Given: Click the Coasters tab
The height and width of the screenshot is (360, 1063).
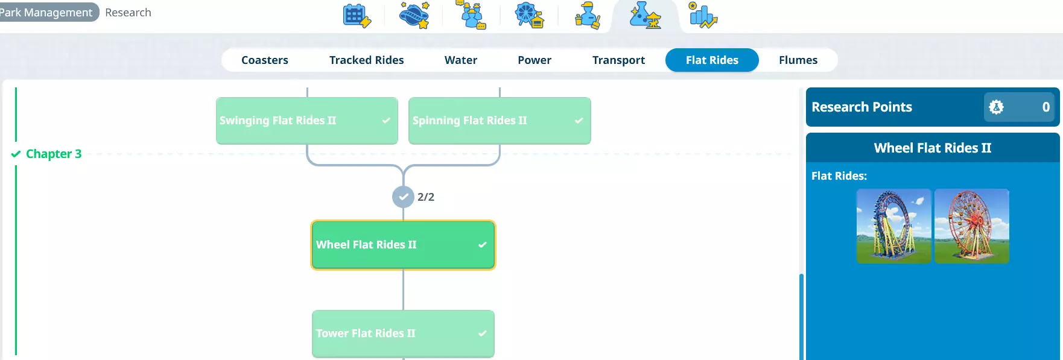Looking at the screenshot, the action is (264, 60).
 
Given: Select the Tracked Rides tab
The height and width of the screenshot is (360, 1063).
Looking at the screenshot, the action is (366, 60).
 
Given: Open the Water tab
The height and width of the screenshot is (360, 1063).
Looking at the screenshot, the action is (460, 60).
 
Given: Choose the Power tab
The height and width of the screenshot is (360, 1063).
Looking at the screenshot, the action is (534, 60).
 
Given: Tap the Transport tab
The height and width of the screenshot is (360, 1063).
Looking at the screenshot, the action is (618, 60).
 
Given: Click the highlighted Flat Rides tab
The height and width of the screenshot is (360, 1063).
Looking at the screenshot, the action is (712, 60).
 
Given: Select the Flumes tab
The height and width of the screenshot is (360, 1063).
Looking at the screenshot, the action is (798, 60).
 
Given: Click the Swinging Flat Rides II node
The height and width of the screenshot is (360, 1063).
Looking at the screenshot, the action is (307, 121).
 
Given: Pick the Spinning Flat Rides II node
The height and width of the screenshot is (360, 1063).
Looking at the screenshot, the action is (500, 121).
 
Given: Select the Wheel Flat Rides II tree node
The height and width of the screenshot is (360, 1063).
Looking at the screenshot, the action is (403, 245).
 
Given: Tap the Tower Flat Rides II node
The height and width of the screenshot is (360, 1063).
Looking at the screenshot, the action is (403, 333).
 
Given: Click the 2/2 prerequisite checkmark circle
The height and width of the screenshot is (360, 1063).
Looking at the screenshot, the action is (403, 197).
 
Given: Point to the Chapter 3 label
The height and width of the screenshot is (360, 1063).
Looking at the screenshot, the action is (53, 154).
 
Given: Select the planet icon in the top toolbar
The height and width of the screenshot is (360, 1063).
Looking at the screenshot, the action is (414, 14).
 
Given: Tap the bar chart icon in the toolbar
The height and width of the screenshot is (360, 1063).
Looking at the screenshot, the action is (703, 15).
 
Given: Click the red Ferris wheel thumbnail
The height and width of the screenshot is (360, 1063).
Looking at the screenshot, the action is (972, 226).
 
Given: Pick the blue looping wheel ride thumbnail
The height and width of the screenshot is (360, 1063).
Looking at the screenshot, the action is (894, 226).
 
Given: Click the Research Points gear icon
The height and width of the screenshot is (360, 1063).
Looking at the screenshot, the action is (996, 107).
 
